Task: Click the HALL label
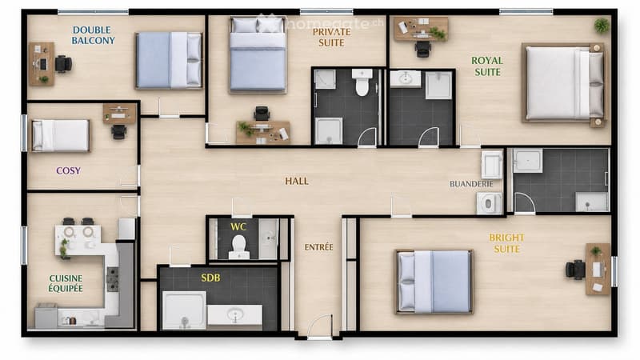[297, 181]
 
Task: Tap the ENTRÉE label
[318, 247]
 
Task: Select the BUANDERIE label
[471, 184]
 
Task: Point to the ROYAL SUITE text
[487, 66]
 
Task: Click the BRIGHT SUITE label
[506, 243]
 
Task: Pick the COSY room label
[68, 170]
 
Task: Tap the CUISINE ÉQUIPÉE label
[66, 283]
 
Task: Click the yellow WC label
[238, 227]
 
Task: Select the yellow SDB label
[210, 278]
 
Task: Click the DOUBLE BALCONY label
[93, 35]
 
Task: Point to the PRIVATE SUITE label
[331, 37]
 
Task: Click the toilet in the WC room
[238, 247]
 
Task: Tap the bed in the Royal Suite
[563, 86]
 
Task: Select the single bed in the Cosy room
[61, 135]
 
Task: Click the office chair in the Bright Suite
[575, 270]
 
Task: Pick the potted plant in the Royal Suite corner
[602, 26]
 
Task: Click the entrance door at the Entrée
[319, 326]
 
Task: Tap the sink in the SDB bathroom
[234, 314]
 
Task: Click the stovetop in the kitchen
[112, 279]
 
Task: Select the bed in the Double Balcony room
[169, 61]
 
